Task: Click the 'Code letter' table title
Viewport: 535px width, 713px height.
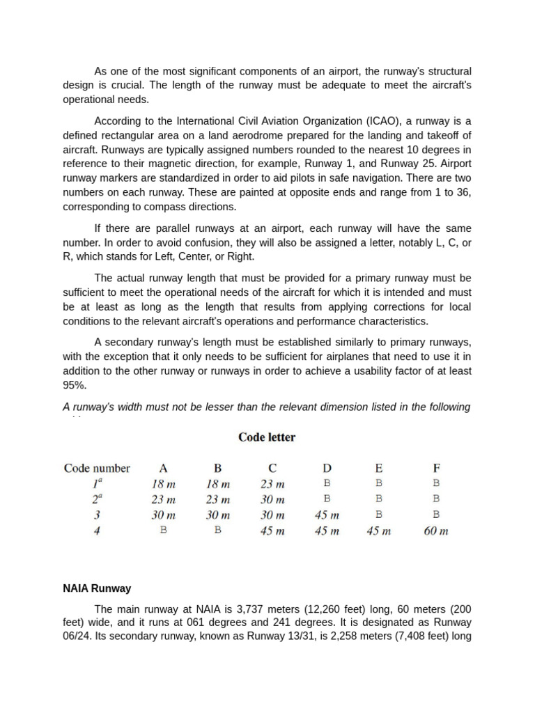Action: coord(267,437)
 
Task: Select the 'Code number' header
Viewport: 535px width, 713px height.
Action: coord(97,468)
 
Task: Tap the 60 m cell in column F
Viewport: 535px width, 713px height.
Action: coord(436,531)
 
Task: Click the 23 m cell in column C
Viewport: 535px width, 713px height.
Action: coord(272,484)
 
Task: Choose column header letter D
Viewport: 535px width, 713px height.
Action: coord(327,468)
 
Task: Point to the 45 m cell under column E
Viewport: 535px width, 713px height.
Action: coord(379,531)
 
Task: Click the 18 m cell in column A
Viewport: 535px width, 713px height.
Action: coord(163,484)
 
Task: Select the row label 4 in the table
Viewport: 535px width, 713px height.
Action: coord(97,531)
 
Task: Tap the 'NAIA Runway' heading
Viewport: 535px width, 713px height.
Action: coord(97,588)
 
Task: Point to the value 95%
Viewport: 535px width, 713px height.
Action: coord(75,385)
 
